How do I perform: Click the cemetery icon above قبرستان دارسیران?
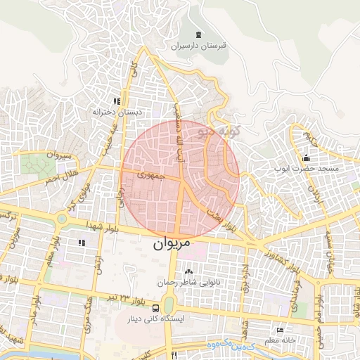[198, 35]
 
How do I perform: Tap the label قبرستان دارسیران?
[198, 46]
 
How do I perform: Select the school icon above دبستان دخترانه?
[117, 101]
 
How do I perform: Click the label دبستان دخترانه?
[117, 112]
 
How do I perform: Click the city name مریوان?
[172, 245]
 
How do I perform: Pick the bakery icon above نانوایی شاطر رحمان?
[188, 271]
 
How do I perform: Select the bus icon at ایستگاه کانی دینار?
[168, 307]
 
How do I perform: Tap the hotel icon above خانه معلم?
[281, 330]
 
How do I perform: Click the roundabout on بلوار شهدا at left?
[61, 219]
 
